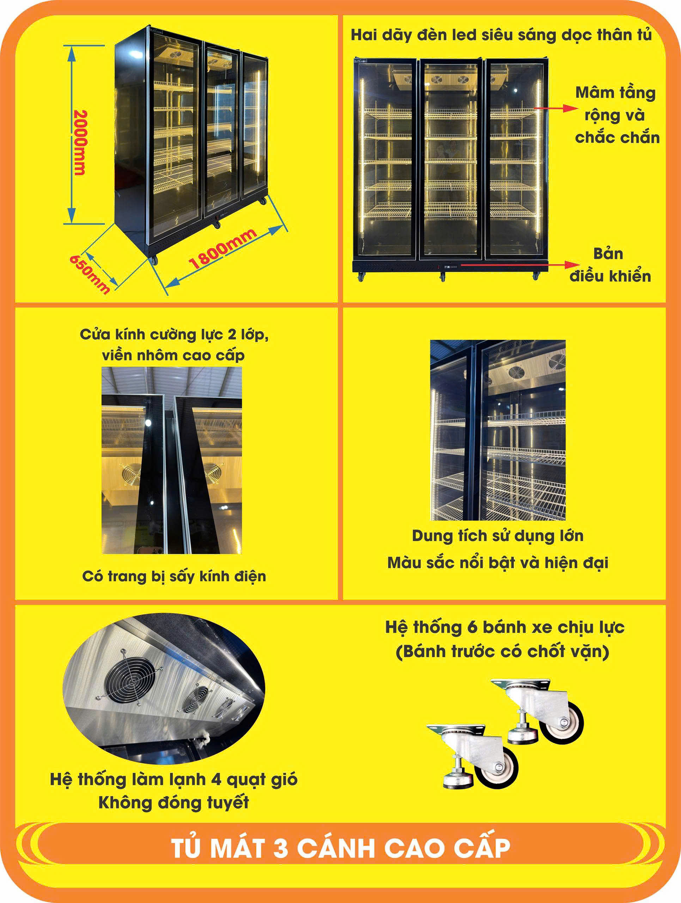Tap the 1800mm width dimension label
click(x=223, y=249)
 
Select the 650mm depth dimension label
click(x=89, y=274)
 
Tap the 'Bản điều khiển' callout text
click(x=610, y=265)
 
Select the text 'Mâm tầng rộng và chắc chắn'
click(x=616, y=115)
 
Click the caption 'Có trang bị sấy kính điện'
click(x=174, y=576)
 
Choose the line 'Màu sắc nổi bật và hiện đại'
click(x=498, y=563)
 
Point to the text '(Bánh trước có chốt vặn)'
click(x=503, y=652)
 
